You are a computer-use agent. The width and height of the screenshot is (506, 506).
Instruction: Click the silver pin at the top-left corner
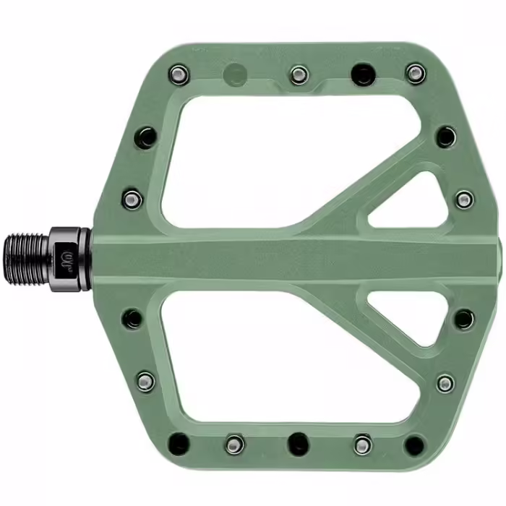pyautogui.click(x=177, y=72)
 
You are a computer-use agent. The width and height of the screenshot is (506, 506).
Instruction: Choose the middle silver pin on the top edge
pyautogui.click(x=298, y=73)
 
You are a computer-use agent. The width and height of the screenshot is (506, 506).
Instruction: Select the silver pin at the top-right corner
pyautogui.click(x=414, y=72)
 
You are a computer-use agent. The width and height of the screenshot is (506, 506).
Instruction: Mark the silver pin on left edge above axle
pyautogui.click(x=132, y=198)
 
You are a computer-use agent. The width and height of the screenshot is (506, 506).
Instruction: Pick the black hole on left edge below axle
pyautogui.click(x=132, y=317)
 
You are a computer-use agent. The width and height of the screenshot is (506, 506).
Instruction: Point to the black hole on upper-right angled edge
pyautogui.click(x=446, y=136)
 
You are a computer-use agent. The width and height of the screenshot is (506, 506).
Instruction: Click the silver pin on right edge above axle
pyautogui.click(x=463, y=198)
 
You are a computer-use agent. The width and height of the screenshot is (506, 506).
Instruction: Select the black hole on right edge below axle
pyautogui.click(x=463, y=318)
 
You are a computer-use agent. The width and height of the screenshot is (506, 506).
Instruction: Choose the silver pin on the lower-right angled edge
pyautogui.click(x=446, y=382)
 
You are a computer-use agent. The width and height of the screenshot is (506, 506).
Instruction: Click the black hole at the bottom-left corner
pyautogui.click(x=178, y=442)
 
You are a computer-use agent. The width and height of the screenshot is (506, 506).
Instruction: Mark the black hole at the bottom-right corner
pyautogui.click(x=414, y=443)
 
